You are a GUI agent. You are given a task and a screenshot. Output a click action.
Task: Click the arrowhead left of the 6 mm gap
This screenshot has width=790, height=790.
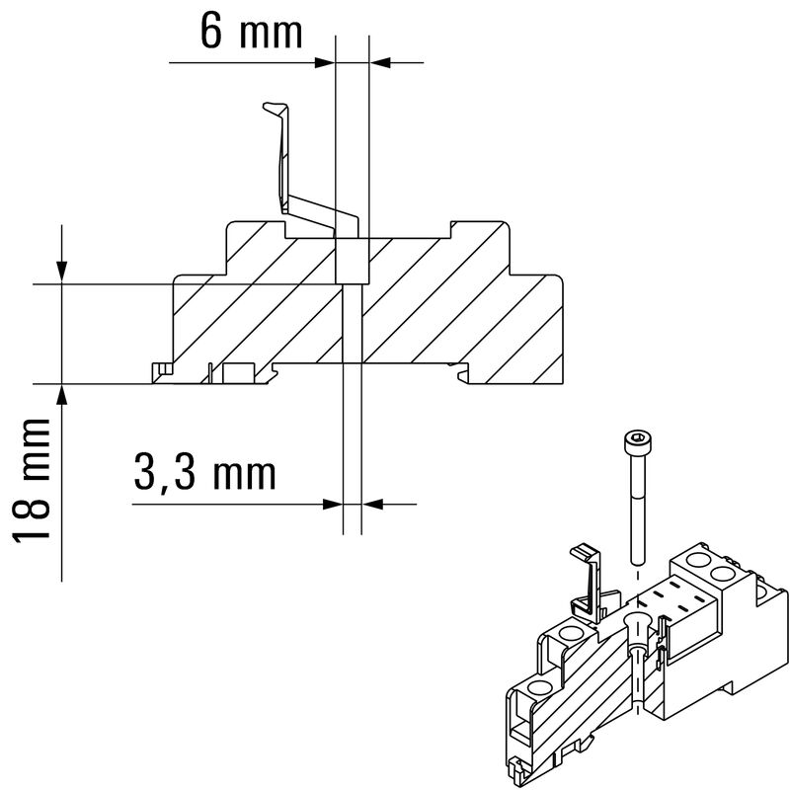coord(325,63)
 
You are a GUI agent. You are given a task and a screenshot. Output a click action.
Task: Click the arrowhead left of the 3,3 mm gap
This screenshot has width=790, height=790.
coord(333,504)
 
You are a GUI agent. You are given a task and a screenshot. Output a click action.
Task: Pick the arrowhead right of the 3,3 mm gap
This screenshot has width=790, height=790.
coord(370,504)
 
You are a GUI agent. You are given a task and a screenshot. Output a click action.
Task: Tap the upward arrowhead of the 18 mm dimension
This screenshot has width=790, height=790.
coord(62,393)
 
